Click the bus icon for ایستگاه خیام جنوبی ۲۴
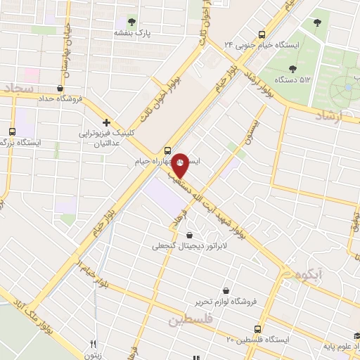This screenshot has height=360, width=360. (262, 34)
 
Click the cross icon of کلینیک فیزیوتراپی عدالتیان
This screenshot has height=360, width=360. (106, 122)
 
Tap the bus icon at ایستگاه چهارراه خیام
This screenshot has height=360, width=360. (167, 150)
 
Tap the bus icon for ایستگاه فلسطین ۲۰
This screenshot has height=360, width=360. (258, 328)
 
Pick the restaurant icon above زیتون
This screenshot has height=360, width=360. (93, 345)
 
